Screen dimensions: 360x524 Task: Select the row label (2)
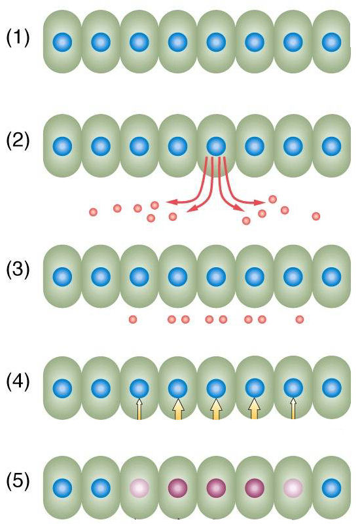pyautogui.click(x=18, y=141)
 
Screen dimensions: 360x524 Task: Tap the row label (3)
pyautogui.click(x=18, y=270)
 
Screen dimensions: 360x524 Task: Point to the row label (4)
pyautogui.click(x=18, y=382)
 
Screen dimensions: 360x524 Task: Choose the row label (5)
pyautogui.click(x=18, y=481)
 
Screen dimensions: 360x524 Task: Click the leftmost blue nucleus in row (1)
pyautogui.click(x=62, y=42)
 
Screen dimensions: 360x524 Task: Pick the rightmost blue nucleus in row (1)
pyautogui.click(x=332, y=42)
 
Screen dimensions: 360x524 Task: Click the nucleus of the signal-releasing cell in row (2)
pyautogui.click(x=216, y=146)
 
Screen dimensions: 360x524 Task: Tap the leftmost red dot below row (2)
pyautogui.click(x=93, y=212)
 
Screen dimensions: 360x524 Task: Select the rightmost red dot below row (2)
pyautogui.click(x=316, y=216)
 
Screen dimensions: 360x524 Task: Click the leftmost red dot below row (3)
pyautogui.click(x=133, y=320)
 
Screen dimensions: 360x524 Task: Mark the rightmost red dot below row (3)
pyautogui.click(x=300, y=320)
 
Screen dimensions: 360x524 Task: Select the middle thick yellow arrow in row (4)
pyautogui.click(x=216, y=409)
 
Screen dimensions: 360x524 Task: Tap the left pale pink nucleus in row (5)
pyautogui.click(x=139, y=488)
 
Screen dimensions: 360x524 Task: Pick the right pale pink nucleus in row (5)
pyautogui.click(x=293, y=488)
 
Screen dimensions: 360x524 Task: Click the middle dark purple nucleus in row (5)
pyautogui.click(x=216, y=488)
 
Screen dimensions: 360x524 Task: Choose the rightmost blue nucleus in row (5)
pyautogui.click(x=332, y=488)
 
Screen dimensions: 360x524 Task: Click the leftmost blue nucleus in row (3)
pyautogui.click(x=62, y=276)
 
